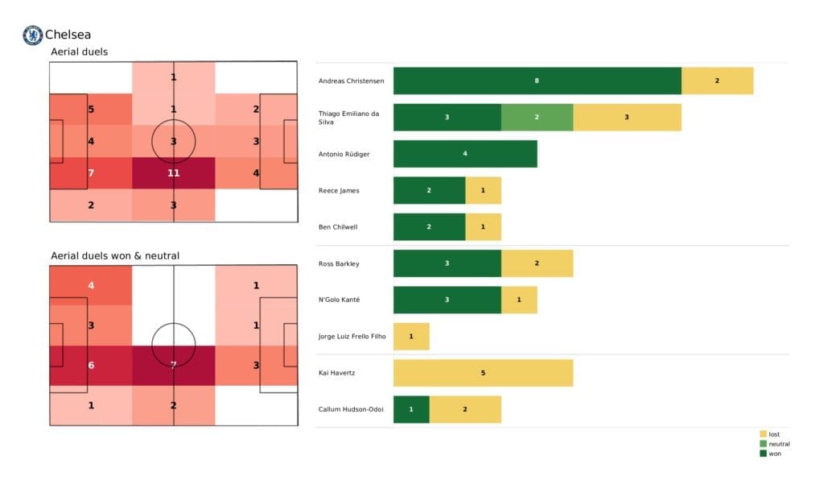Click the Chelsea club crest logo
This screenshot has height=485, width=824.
pyautogui.click(x=32, y=35)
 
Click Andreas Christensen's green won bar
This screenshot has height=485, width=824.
pyautogui.click(x=537, y=81)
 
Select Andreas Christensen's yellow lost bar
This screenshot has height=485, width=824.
pyautogui.click(x=717, y=81)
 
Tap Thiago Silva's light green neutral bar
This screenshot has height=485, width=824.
pyautogui.click(x=537, y=117)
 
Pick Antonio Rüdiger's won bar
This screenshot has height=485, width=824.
pyautogui.click(x=465, y=153)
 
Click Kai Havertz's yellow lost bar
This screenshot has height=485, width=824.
pyautogui.click(x=483, y=373)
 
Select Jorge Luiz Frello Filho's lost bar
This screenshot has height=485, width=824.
pyautogui.click(x=411, y=336)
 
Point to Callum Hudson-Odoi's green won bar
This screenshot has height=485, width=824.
pyautogui.click(x=411, y=409)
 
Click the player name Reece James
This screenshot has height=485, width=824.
pyautogui.click(x=339, y=190)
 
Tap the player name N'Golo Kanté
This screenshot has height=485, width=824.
pyautogui.click(x=340, y=300)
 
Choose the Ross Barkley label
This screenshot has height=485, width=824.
pyautogui.click(x=339, y=263)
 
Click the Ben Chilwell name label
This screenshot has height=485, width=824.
pyautogui.click(x=339, y=227)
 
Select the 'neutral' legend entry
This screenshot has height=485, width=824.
pyautogui.click(x=779, y=444)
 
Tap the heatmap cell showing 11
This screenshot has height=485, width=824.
pyautogui.click(x=174, y=172)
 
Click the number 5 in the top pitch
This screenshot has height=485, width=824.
pyautogui.click(x=91, y=110)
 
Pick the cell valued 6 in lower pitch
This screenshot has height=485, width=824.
pyautogui.click(x=91, y=365)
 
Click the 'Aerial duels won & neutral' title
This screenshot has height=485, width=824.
pyautogui.click(x=115, y=256)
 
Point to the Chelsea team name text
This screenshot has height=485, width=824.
pyautogui.click(x=68, y=35)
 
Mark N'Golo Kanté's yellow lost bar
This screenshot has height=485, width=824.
pyautogui.click(x=519, y=300)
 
